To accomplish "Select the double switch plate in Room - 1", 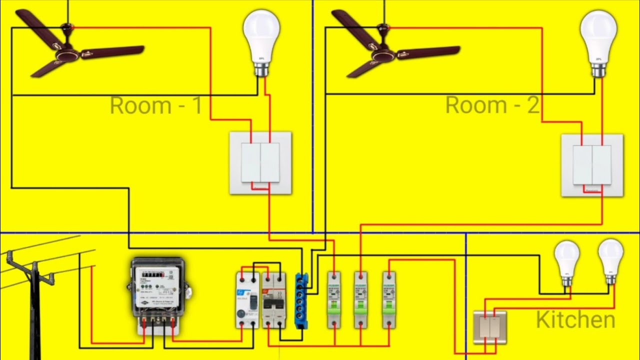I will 260,163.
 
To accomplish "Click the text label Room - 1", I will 156,105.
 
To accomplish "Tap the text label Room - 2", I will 492,105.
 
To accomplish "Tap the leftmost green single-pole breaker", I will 334,300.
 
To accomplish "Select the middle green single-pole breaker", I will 360,300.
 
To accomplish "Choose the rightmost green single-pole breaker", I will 389,300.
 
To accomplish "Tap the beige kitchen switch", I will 490,327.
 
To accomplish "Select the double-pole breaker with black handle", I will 274,300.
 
